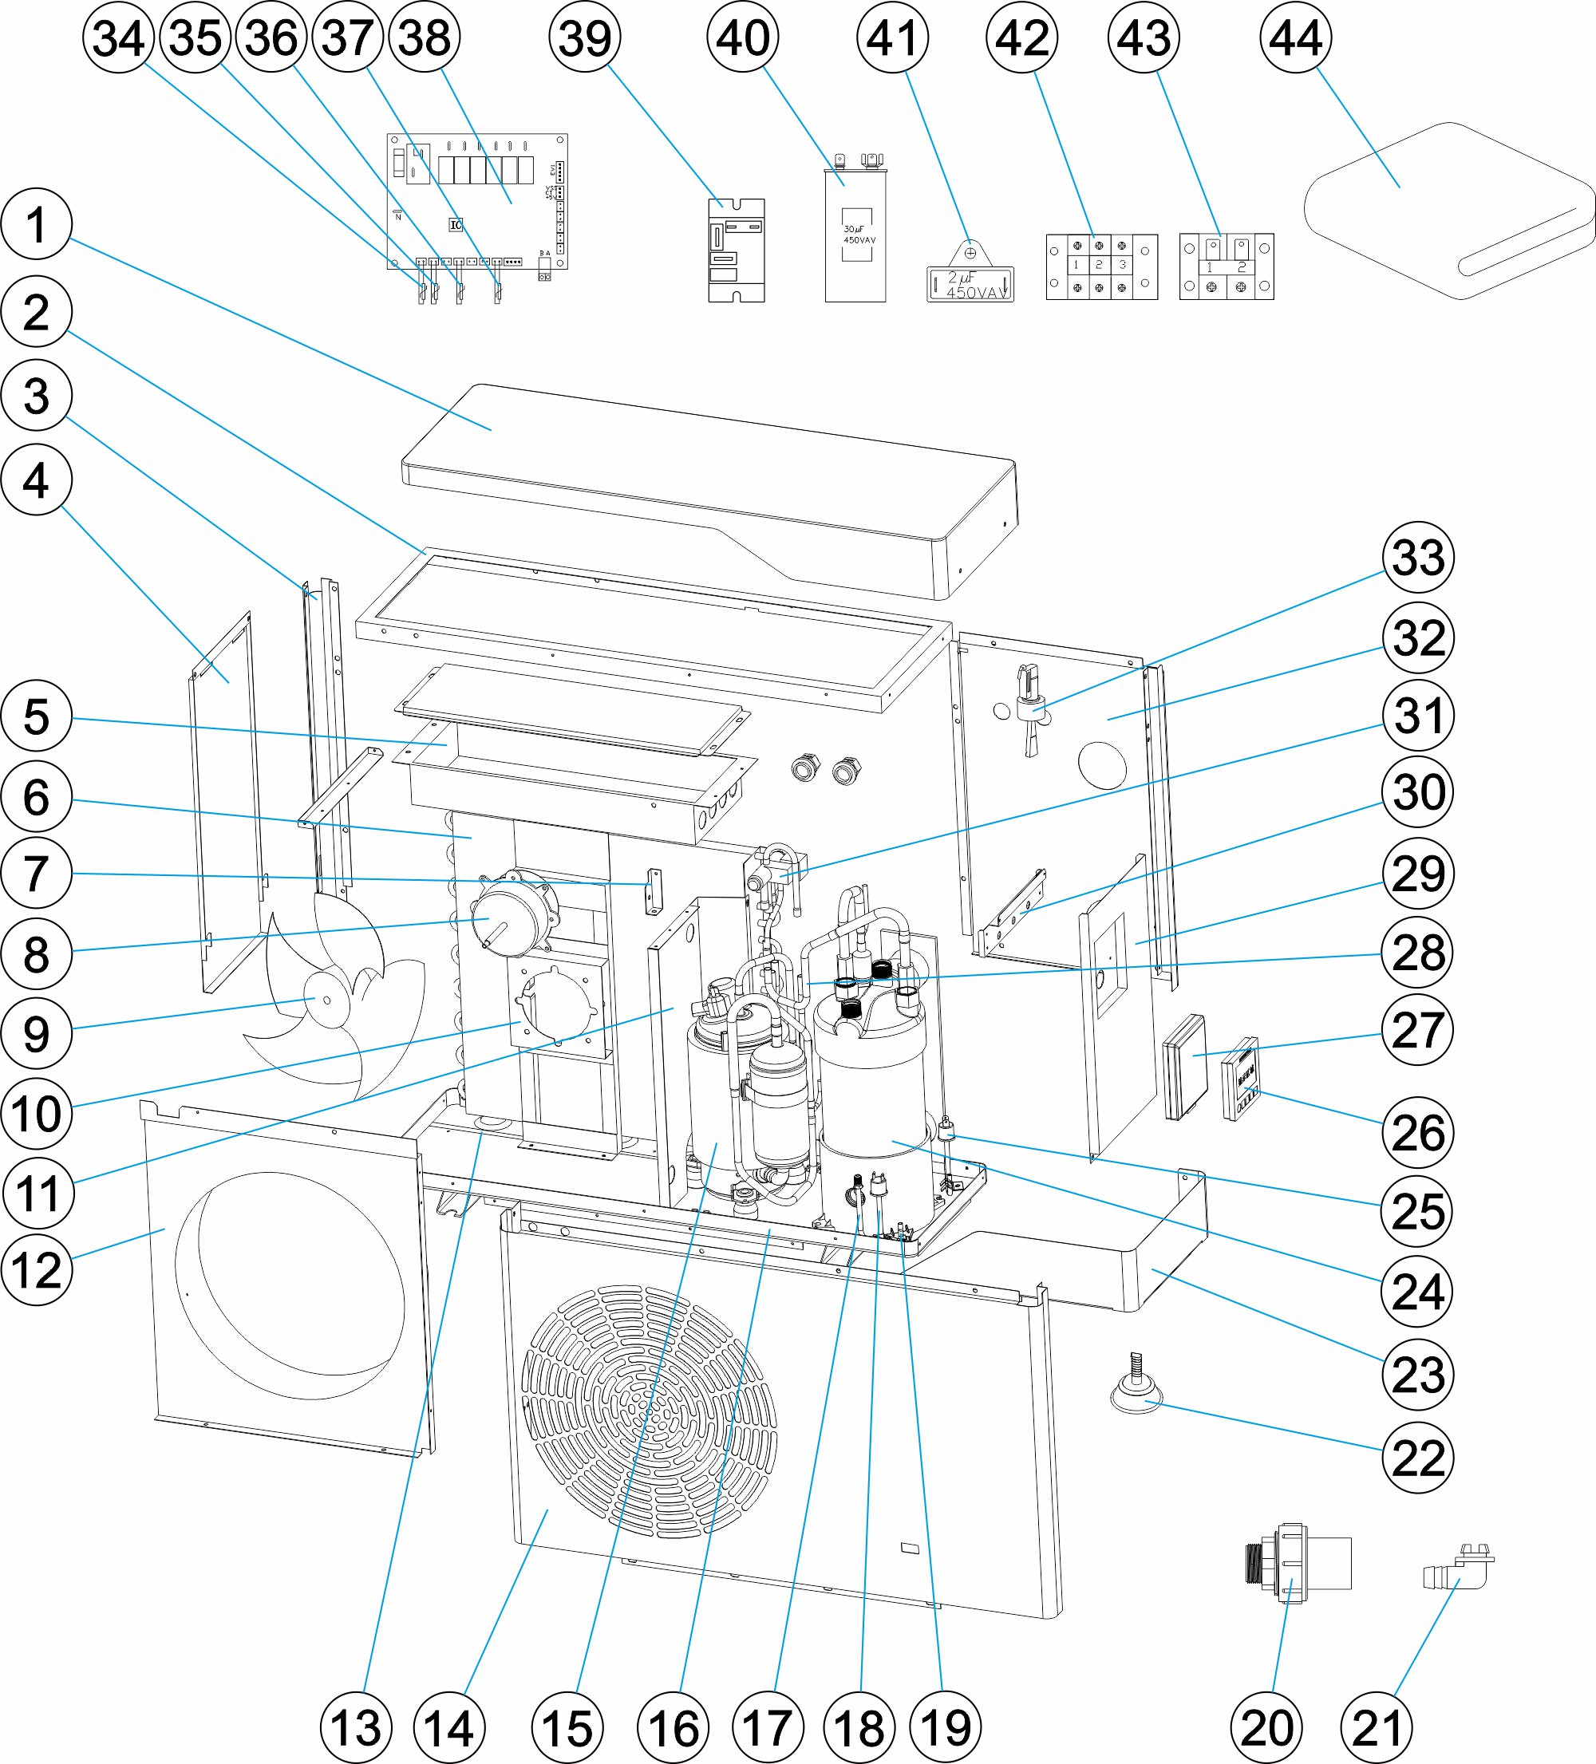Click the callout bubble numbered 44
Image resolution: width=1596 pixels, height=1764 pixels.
(1296, 37)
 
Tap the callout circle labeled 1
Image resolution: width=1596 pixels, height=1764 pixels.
(36, 224)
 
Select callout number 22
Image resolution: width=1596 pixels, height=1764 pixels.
(1417, 1457)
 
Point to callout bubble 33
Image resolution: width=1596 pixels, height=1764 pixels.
(1417, 558)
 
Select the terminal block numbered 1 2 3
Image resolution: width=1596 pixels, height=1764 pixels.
(1101, 266)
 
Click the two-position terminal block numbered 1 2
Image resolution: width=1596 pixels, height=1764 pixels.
(1226, 266)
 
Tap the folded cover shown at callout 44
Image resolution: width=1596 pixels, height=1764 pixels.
(1448, 210)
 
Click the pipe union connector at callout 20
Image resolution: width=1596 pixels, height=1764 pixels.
(1298, 1563)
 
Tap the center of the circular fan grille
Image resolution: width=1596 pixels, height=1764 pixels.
(648, 1411)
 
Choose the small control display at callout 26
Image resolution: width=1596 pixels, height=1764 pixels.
(1240, 1078)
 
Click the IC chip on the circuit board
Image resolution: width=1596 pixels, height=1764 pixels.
(455, 225)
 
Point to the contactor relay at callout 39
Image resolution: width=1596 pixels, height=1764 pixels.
(737, 251)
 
